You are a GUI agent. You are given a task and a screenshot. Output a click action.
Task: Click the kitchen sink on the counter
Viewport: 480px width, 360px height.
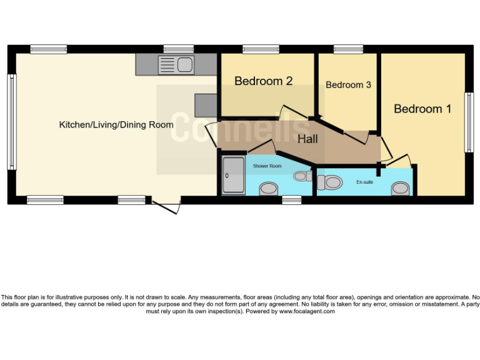pos(176,64)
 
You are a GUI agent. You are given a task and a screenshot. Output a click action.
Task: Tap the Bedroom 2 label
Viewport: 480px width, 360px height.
pos(263,81)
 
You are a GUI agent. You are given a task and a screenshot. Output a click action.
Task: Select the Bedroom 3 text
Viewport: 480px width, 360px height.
pos(348,84)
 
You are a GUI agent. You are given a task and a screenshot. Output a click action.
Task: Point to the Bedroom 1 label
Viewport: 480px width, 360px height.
pos(422,109)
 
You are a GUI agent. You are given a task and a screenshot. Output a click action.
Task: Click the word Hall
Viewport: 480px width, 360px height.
pos(307,139)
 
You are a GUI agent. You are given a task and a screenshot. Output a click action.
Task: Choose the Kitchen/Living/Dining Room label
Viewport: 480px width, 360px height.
pos(116,124)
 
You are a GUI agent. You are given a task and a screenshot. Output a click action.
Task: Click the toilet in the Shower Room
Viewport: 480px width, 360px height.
pos(303,176)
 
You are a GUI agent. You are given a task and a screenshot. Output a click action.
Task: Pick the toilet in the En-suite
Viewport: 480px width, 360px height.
pos(329,182)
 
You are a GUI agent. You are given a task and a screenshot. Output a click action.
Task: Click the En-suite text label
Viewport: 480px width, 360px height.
pos(364,182)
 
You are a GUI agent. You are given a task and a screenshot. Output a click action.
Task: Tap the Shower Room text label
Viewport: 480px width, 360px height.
pos(267,166)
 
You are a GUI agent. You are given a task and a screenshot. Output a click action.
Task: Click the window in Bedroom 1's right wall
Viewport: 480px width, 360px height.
pos(468,122)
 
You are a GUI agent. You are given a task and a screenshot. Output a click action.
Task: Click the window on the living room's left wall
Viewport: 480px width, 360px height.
pos(11,122)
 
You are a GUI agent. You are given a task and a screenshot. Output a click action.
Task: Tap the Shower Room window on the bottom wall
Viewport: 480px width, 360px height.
pos(291,200)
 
